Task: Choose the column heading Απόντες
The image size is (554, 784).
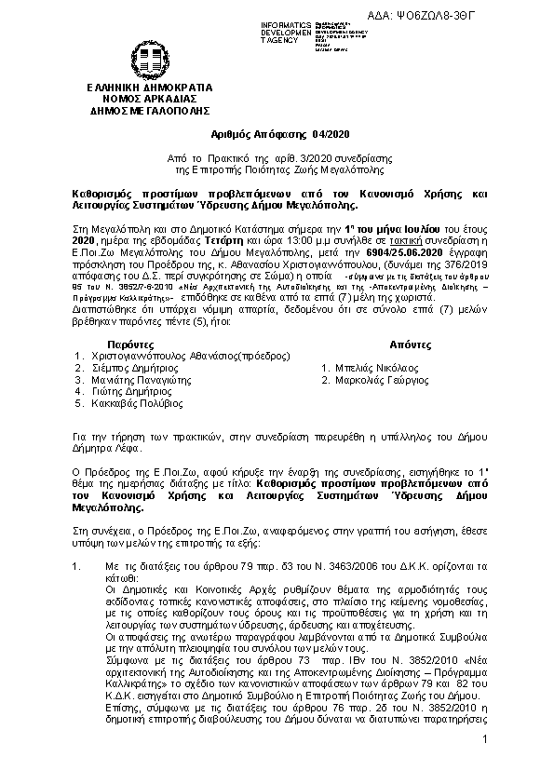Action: [x=356, y=343]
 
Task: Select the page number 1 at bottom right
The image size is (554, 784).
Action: [x=485, y=765]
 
